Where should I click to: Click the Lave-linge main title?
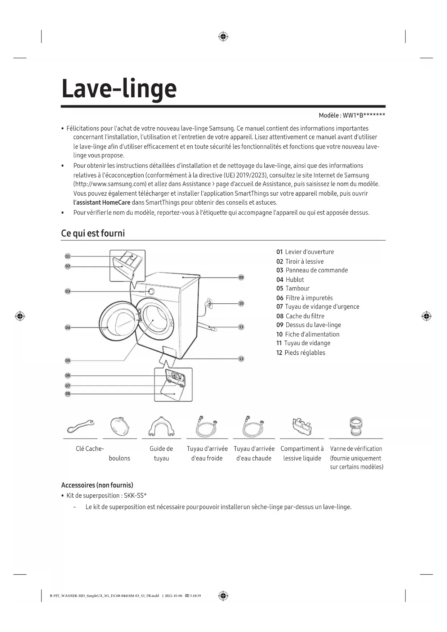(x=119, y=89)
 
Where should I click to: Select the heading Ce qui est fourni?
(x=93, y=233)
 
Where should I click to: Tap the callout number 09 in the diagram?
(x=241, y=277)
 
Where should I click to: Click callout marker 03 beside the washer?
(x=68, y=291)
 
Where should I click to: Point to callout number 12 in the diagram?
(x=241, y=359)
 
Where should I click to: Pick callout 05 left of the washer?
(x=68, y=361)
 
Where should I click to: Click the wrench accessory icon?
(x=80, y=426)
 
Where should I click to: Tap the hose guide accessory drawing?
(x=161, y=426)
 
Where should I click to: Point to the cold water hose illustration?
(x=207, y=426)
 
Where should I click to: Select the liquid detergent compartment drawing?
(x=302, y=426)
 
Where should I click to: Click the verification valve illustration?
(x=356, y=426)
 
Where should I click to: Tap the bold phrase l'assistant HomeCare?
(x=102, y=202)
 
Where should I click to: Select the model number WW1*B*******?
(x=364, y=115)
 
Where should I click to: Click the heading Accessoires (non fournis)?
(x=97, y=485)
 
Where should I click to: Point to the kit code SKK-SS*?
(x=135, y=495)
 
